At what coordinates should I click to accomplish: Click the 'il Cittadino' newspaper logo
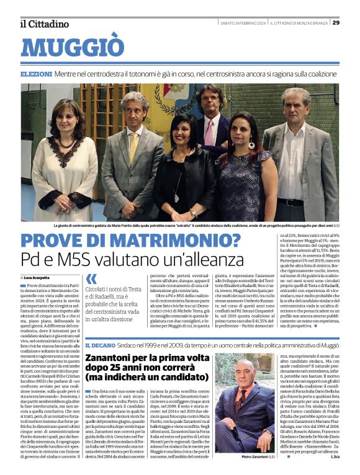[43, 24]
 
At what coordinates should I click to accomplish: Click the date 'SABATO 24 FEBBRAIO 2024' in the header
[243, 23]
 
